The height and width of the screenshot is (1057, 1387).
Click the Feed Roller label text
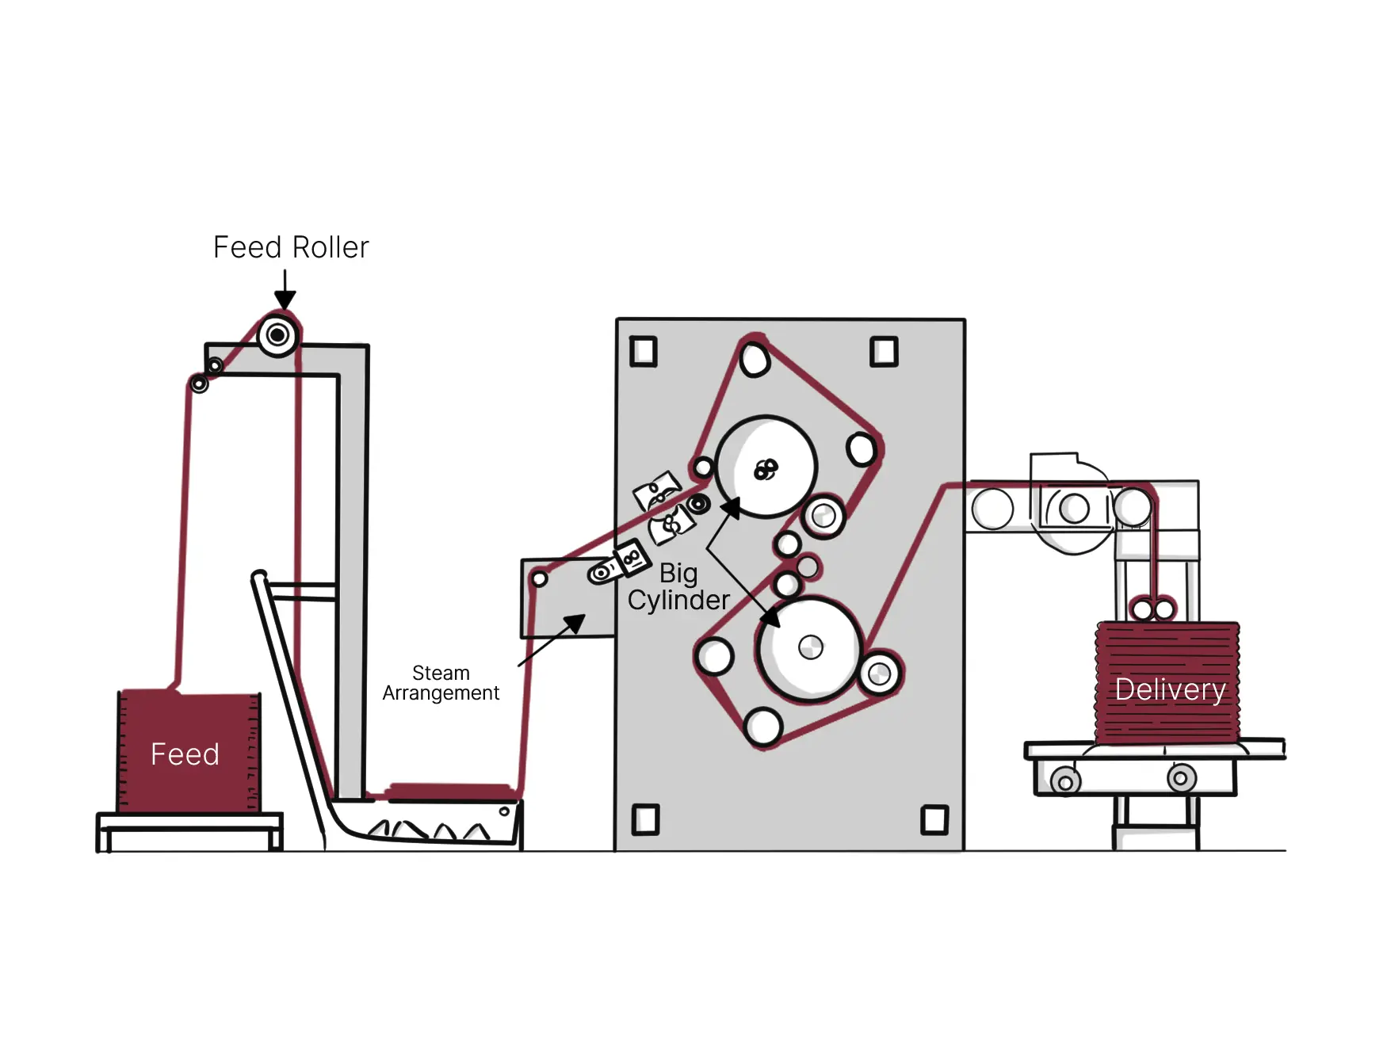pyautogui.click(x=291, y=247)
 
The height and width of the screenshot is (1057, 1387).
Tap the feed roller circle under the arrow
pyautogui.click(x=277, y=335)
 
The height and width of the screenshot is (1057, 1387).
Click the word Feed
pyautogui.click(x=185, y=754)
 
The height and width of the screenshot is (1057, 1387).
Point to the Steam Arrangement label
pyautogui.click(x=441, y=683)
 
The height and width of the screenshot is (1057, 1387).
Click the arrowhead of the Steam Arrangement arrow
pyautogui.click(x=575, y=623)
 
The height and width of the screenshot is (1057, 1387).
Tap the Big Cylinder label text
pyautogui.click(x=678, y=586)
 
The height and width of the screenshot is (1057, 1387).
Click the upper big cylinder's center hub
pyautogui.click(x=766, y=469)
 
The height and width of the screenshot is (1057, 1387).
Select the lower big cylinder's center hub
pyautogui.click(x=810, y=647)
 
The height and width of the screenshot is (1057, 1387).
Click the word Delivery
pyautogui.click(x=1170, y=689)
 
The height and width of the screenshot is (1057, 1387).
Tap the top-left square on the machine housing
pyautogui.click(x=644, y=351)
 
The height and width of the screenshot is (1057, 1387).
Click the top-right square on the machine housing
pyautogui.click(x=884, y=351)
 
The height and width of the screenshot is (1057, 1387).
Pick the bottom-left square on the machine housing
pyautogui.click(x=645, y=819)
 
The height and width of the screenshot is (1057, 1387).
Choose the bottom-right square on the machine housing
pyautogui.click(x=934, y=819)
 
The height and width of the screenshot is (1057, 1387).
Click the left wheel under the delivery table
pyautogui.click(x=1065, y=782)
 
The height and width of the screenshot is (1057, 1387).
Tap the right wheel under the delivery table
pyautogui.click(x=1181, y=778)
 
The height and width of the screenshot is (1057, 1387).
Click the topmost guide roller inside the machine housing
pyautogui.click(x=755, y=359)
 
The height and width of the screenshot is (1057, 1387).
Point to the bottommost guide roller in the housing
pyautogui.click(x=763, y=726)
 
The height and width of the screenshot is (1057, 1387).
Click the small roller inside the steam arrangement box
pyautogui.click(x=540, y=578)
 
